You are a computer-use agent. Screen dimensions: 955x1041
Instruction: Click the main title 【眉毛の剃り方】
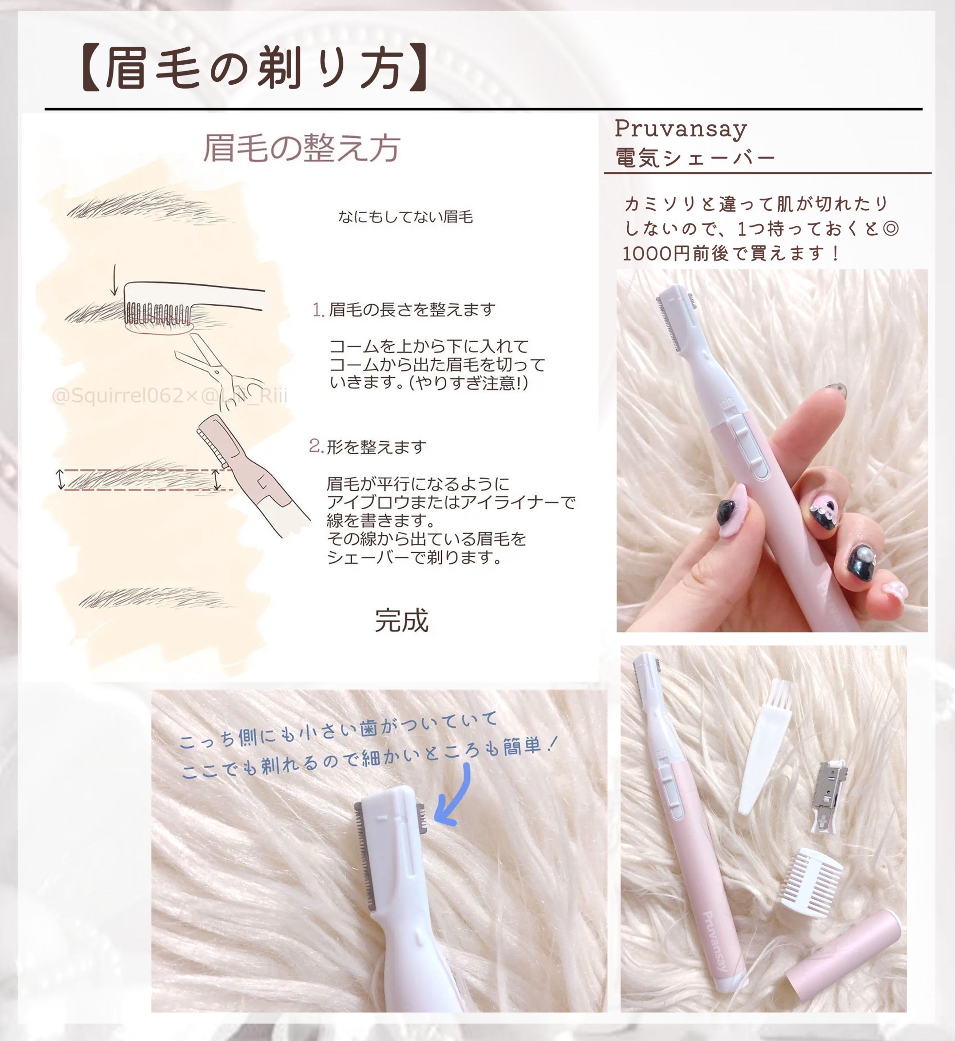254,68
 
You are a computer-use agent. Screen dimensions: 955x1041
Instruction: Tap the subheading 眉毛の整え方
302,149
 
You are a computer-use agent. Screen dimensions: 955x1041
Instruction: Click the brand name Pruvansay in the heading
681,130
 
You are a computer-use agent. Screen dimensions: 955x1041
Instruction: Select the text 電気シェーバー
695,158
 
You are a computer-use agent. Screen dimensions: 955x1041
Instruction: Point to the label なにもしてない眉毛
406,217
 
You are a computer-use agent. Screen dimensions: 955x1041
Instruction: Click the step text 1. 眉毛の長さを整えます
404,310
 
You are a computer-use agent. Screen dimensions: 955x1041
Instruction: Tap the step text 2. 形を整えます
368,446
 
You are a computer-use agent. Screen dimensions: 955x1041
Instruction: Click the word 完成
402,620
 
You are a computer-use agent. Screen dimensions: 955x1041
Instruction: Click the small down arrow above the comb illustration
114,280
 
